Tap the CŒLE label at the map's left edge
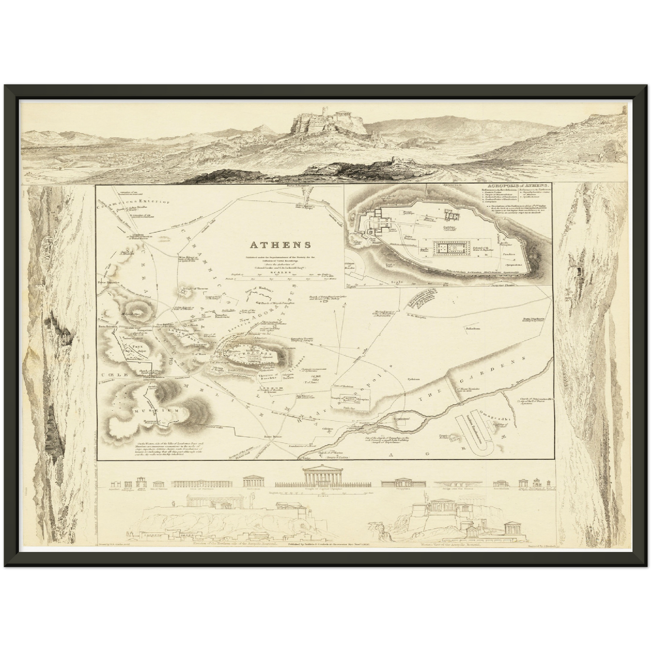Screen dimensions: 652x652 click(111, 375)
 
